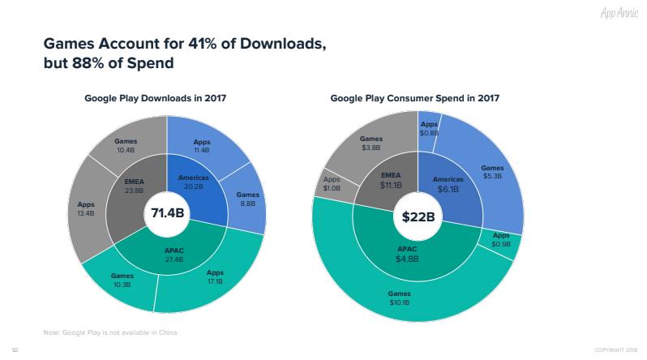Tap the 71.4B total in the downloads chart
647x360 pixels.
167,215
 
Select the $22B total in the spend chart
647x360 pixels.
418,216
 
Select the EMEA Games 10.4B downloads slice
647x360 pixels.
126,145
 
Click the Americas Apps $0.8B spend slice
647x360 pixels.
429,127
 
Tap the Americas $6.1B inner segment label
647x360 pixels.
448,184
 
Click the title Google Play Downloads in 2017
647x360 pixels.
155,98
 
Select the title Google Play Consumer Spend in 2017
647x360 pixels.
414,98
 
